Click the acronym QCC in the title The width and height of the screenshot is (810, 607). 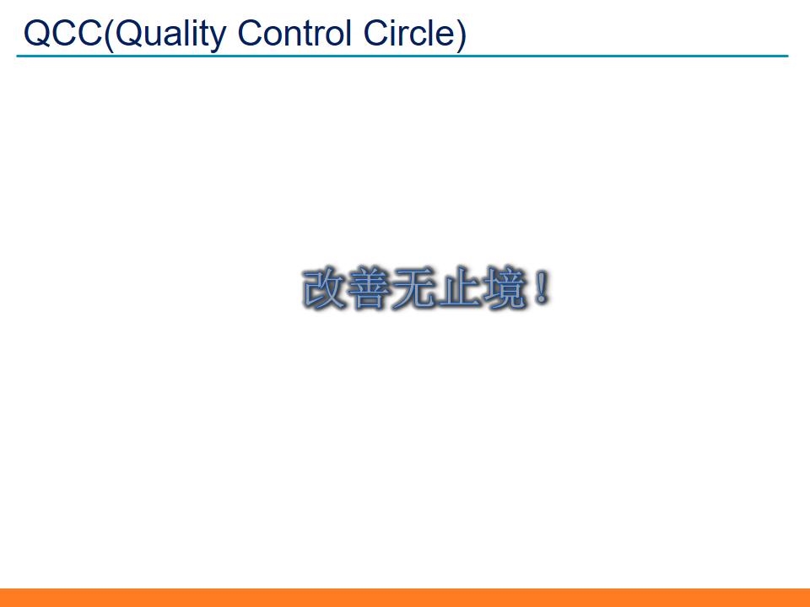[62, 33]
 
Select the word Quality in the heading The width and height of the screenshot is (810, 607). [170, 35]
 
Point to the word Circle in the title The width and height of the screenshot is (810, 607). [410, 33]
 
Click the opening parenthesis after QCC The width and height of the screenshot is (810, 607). [107, 35]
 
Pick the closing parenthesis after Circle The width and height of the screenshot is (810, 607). [461, 35]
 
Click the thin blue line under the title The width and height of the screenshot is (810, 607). [402, 56]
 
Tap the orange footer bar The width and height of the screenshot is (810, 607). [405, 597]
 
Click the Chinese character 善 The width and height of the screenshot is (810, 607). [369, 289]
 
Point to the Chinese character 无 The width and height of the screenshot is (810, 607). [414, 289]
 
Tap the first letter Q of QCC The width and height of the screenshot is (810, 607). [38, 33]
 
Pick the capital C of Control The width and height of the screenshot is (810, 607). [251, 33]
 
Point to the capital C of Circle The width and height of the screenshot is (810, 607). [378, 33]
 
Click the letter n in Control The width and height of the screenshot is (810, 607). [294, 35]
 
